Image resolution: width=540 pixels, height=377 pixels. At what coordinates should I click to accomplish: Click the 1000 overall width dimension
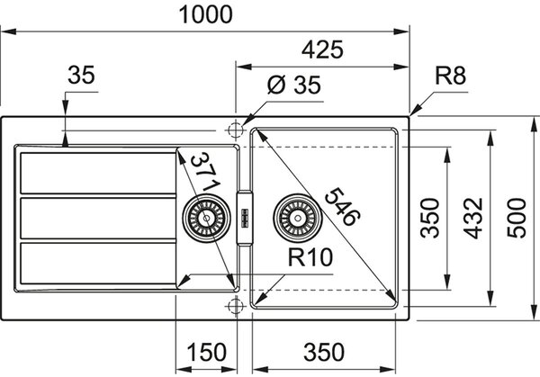tap(205, 14)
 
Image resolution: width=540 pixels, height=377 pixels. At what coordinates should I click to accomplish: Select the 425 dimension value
tap(322, 49)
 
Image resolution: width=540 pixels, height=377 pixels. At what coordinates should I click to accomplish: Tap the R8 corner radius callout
tap(450, 76)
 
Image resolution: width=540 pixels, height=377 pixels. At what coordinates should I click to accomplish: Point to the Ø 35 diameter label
tap(293, 85)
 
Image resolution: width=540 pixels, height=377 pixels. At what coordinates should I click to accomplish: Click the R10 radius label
tap(310, 257)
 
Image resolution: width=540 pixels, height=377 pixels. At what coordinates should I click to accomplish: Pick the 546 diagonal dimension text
tap(342, 207)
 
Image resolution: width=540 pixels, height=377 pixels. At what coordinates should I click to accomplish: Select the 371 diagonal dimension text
tap(206, 172)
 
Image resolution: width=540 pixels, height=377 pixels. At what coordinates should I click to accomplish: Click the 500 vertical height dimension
tap(517, 218)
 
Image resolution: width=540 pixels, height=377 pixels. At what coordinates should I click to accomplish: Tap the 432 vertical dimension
tap(472, 219)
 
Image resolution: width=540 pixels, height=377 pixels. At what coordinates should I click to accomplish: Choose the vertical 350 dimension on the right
tap(430, 218)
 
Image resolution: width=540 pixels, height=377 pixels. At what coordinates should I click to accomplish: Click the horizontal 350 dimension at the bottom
tap(324, 352)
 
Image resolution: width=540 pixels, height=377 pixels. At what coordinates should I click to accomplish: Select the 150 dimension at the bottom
tap(206, 352)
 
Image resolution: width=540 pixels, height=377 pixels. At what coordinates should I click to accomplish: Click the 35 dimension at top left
tap(81, 76)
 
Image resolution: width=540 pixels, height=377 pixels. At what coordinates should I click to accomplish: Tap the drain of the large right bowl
tap(298, 218)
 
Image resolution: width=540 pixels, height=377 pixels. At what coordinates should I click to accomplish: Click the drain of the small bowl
tap(206, 218)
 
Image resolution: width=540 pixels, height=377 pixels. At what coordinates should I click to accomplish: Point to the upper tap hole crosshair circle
tap(236, 130)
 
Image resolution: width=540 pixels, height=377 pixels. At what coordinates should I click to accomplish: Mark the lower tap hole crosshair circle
tap(236, 305)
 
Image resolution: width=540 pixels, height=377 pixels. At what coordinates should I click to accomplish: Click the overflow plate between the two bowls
tap(245, 218)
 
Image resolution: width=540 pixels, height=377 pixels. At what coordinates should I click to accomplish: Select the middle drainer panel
tap(98, 219)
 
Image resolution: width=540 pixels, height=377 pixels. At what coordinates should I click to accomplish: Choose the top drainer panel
tap(98, 173)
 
